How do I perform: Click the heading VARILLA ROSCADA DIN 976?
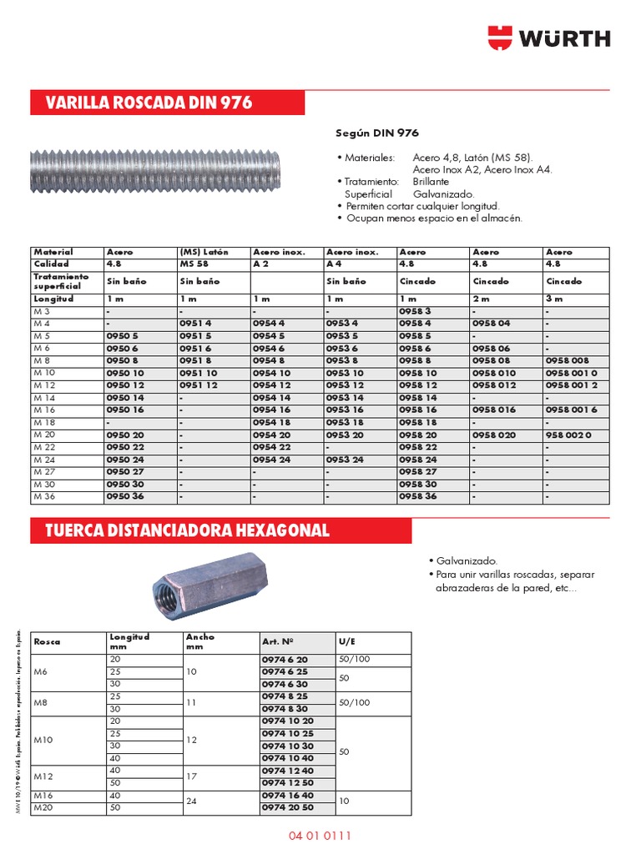[149, 103]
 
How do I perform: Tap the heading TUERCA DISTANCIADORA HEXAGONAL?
[187, 530]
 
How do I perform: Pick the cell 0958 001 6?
[573, 410]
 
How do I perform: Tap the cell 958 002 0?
[568, 435]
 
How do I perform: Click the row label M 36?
[43, 496]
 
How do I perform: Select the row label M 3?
[41, 311]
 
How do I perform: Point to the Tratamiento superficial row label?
[60, 281]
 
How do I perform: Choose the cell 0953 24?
[345, 460]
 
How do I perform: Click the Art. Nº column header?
[278, 642]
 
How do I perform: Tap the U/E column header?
[347, 642]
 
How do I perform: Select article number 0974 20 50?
[288, 808]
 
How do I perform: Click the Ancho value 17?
[191, 776]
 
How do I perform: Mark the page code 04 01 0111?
[320, 835]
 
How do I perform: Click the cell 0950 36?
[125, 496]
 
